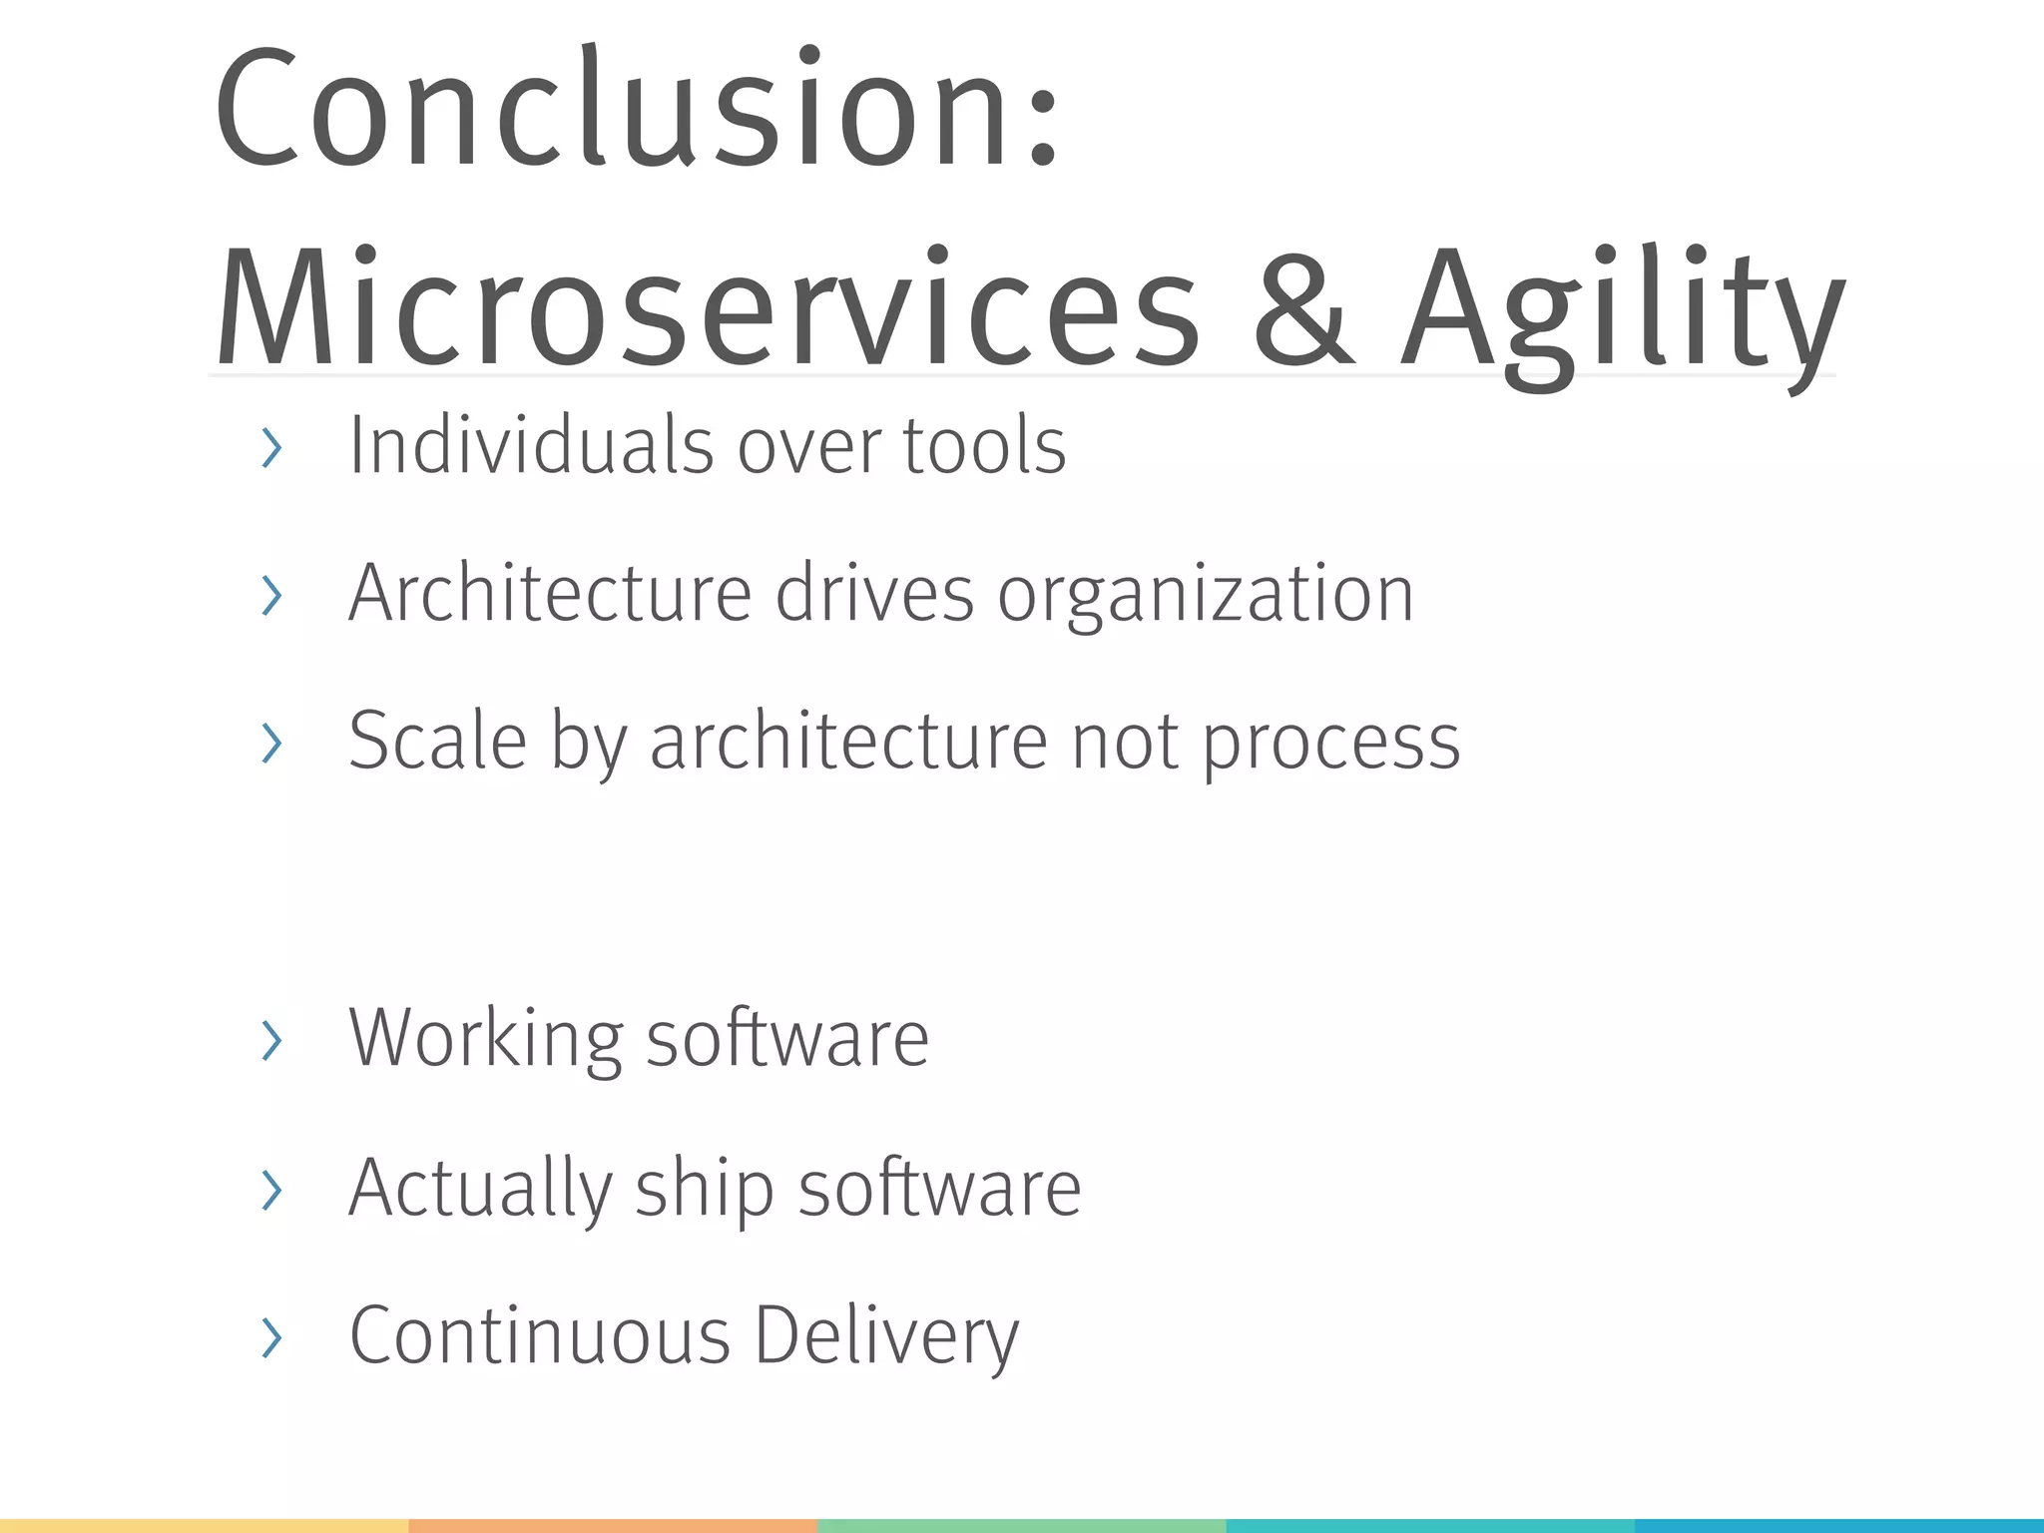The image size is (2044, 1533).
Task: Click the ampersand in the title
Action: (x=1302, y=307)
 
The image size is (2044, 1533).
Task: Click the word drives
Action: (x=874, y=594)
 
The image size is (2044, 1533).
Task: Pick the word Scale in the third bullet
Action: (x=437, y=742)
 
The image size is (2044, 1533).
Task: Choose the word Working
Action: (x=486, y=1040)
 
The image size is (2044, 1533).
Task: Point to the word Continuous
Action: (x=540, y=1336)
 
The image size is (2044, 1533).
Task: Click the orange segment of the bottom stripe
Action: (x=613, y=1526)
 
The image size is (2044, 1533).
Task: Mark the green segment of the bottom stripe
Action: (x=1021, y=1526)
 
